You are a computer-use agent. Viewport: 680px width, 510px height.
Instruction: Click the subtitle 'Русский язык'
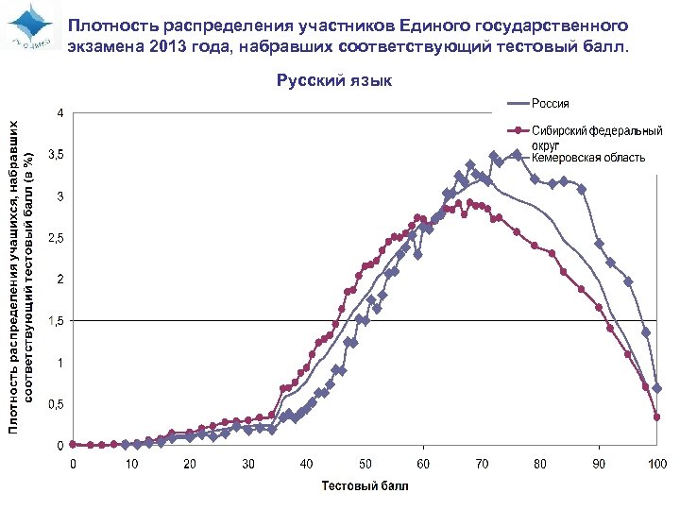(334, 81)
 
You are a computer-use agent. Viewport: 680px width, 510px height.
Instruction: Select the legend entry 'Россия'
(550, 103)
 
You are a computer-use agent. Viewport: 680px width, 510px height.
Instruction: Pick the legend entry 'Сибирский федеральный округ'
(596, 137)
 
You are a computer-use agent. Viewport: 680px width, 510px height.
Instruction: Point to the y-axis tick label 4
(60, 112)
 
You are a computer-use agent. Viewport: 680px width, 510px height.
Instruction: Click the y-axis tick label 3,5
(57, 154)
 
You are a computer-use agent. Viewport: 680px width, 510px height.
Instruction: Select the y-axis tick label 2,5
(57, 238)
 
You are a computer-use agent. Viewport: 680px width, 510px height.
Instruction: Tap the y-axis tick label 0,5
(57, 404)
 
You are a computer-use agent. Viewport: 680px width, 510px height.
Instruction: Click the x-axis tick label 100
(657, 464)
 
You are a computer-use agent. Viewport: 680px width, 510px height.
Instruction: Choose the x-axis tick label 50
(365, 464)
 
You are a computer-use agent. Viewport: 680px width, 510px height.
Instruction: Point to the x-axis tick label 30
(248, 464)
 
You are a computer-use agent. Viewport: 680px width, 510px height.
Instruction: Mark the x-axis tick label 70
(482, 464)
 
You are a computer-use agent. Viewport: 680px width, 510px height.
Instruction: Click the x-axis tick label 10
(131, 464)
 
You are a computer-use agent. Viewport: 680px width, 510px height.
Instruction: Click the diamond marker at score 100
(657, 388)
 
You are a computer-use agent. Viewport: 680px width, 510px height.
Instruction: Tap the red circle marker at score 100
(657, 416)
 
